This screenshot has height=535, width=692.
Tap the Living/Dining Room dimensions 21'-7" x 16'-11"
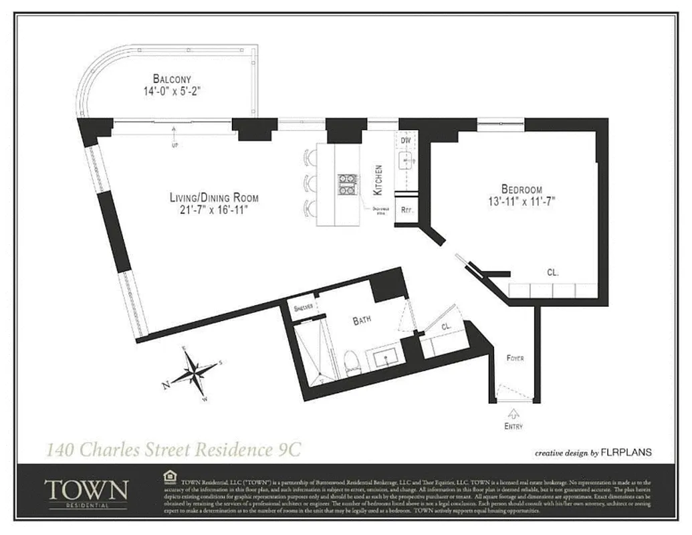pos(213,211)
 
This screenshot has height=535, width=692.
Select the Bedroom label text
pos(522,189)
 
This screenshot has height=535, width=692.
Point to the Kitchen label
pos(378,180)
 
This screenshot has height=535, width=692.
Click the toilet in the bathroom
pos(352,361)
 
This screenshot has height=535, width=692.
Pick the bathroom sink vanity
pos(386,360)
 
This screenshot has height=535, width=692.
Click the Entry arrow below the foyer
pos(514,413)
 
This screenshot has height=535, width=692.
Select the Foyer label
pos(514,358)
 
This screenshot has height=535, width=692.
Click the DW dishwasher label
pos(405,142)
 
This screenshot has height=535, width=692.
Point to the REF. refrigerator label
pos(406,209)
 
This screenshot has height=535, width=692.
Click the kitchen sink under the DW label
pos(406,161)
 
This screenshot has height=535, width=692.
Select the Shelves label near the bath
pos(304,308)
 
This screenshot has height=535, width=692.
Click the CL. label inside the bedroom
pos(552,273)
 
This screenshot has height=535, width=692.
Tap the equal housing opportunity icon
pos(170,476)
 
